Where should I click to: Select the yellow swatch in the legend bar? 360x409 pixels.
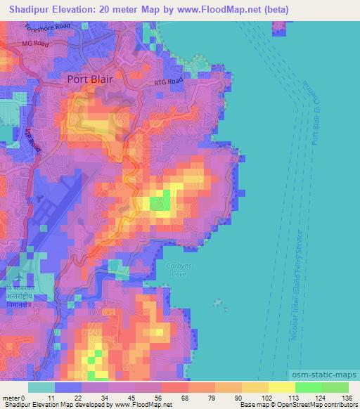click(281, 388)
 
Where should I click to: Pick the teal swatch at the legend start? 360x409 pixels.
click(41, 388)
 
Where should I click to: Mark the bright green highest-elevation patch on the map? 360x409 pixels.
click(160, 204)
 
